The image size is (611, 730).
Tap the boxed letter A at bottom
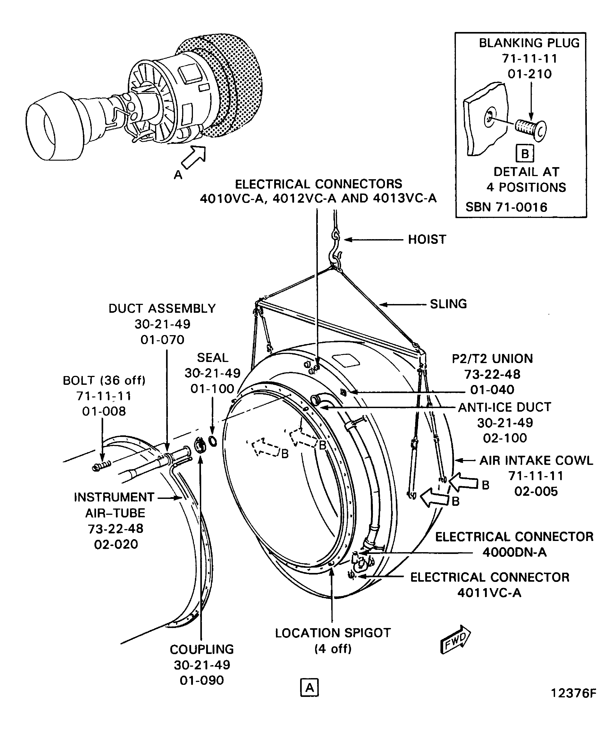point(309,687)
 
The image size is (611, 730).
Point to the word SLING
point(448,304)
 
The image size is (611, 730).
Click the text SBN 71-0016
point(506,207)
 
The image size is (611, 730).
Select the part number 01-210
point(529,74)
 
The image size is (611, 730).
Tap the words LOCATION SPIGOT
point(333,633)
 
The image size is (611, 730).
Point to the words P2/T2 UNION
point(492,358)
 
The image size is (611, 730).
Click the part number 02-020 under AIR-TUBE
point(116,544)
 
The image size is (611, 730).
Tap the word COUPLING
point(202,649)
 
